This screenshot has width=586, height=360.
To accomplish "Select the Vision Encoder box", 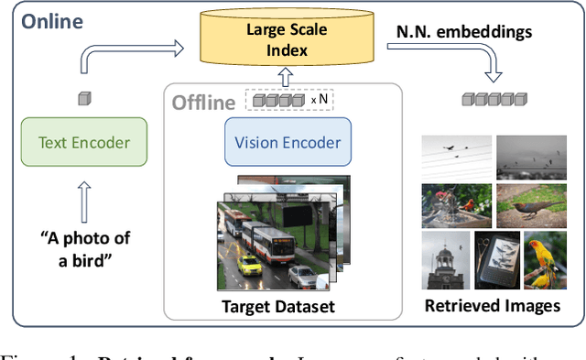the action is point(288,143).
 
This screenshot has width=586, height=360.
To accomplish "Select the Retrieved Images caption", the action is point(492,305).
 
